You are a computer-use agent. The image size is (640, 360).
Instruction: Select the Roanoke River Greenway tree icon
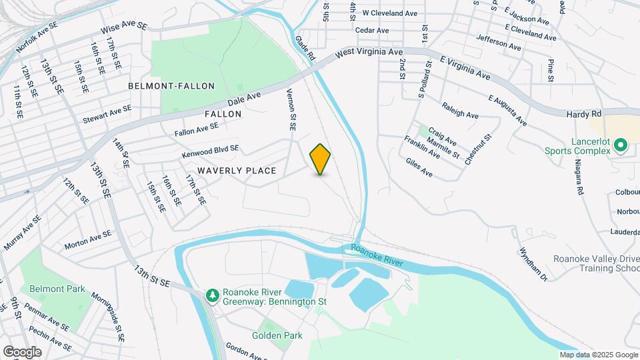pos(212,295)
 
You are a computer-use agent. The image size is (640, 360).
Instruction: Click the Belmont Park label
pos(57,289)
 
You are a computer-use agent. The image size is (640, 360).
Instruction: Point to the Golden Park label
pos(277,335)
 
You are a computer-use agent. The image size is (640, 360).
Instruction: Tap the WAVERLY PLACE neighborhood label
pos(237,171)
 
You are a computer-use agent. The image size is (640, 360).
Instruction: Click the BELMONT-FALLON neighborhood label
pos(171,86)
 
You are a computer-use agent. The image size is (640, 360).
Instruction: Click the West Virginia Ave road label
pos(369,52)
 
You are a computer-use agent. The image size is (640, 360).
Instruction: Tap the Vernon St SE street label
pos(291,109)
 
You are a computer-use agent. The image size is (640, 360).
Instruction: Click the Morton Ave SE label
pos(87,240)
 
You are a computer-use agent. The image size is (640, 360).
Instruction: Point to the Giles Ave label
pos(419,167)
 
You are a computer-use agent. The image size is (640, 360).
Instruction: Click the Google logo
pos(21,351)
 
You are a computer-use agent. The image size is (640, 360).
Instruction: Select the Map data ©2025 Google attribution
pos(597,355)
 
